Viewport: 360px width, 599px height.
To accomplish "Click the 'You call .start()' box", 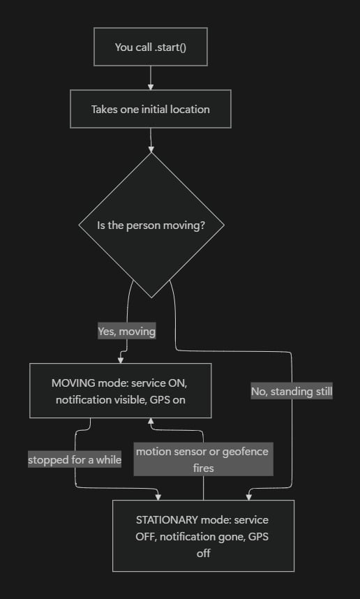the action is pyautogui.click(x=151, y=47).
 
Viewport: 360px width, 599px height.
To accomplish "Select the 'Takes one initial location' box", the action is pyautogui.click(x=151, y=109).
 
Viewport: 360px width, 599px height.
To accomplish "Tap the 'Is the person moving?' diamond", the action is pyautogui.click(x=151, y=225).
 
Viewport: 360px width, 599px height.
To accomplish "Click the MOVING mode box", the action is pyautogui.click(x=120, y=390).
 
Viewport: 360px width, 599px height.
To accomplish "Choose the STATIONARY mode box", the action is pyautogui.click(x=203, y=535).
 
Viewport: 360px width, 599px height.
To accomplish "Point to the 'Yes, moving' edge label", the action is pyautogui.click(x=127, y=331).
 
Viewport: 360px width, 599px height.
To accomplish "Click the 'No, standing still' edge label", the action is pyautogui.click(x=292, y=391).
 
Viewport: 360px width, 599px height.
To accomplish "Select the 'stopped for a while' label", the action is pyautogui.click(x=75, y=459).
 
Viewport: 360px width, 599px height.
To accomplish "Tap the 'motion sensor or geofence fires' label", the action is pyautogui.click(x=203, y=459).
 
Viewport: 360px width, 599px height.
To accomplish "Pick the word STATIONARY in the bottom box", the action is pyautogui.click(x=167, y=520).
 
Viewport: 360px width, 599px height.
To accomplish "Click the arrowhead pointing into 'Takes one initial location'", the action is pyautogui.click(x=151, y=87).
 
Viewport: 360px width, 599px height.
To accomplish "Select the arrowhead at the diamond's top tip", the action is pyautogui.click(x=151, y=149).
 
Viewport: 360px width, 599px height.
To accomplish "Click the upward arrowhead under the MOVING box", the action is pyautogui.click(x=151, y=421).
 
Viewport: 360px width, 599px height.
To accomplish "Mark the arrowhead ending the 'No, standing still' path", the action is pyautogui.click(x=249, y=497).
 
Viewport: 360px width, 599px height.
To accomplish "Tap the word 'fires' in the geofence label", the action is pyautogui.click(x=204, y=468).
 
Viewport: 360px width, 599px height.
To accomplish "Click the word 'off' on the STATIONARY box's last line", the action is pyautogui.click(x=204, y=553).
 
